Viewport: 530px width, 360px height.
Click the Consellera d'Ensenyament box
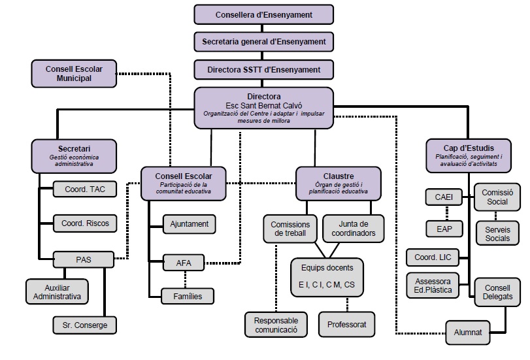264,14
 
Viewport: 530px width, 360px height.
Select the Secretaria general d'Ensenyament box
264,42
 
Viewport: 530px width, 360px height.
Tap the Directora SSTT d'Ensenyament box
264,69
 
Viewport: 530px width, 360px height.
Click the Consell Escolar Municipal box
74,73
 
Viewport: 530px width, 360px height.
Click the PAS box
83,259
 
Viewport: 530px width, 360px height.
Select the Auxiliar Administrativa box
57,291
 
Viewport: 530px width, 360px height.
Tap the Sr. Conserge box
85,324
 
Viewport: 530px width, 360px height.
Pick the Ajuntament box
190,224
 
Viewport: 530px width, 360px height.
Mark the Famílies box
190,297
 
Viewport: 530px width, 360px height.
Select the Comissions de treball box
290,229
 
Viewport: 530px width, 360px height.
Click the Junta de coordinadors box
353,229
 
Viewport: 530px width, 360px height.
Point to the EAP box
444,229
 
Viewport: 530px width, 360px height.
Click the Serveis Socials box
497,234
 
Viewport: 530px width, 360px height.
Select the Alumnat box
468,332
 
